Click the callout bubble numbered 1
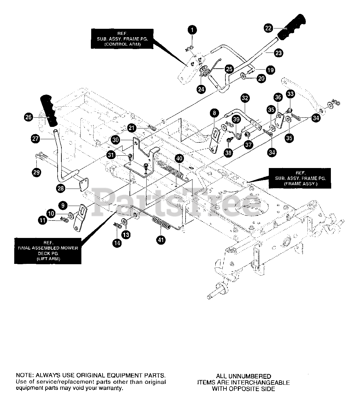tap(192, 30)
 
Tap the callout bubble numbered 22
tap(268, 28)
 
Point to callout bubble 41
tap(161, 240)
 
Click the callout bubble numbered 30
tap(116, 140)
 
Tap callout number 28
tap(61, 188)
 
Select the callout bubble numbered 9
tap(63, 205)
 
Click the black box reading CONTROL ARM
tap(122, 39)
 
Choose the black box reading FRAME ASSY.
tap(300, 178)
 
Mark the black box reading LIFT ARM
tap(48, 251)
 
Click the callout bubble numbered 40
tap(179, 159)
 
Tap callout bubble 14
tap(117, 243)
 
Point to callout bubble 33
tap(290, 94)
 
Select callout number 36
tap(278, 97)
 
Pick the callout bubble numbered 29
tap(36, 172)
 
